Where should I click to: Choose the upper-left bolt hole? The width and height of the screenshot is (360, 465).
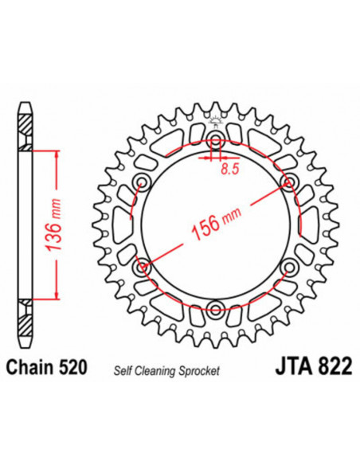(144, 183)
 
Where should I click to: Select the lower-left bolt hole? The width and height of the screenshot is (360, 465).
(144, 267)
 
